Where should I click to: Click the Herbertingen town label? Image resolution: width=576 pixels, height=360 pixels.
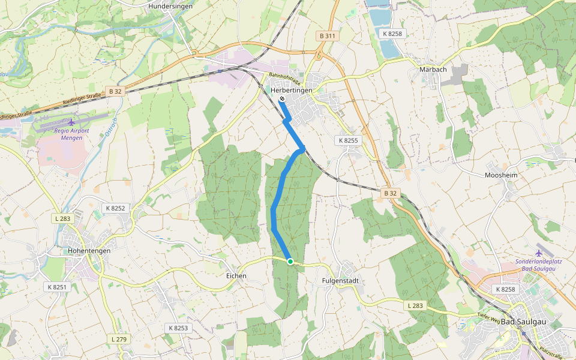tap(292, 90)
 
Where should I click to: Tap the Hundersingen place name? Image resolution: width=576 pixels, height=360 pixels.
tap(170, 7)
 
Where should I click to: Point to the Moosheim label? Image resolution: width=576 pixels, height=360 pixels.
tap(500, 175)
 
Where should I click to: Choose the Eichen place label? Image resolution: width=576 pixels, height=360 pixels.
tap(236, 275)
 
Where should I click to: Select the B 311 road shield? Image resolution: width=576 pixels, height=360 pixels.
tap(328, 36)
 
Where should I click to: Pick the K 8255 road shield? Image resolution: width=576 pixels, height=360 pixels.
tap(348, 140)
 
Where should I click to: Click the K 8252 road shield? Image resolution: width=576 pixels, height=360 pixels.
tap(115, 208)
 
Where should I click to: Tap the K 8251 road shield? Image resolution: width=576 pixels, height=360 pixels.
tap(58, 287)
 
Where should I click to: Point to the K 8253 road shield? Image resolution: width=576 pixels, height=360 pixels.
tap(178, 328)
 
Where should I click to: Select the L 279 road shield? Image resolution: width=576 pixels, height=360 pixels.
tap(119, 340)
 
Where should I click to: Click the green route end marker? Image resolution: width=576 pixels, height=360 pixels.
tap(290, 262)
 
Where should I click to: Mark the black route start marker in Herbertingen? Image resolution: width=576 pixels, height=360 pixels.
tap(281, 99)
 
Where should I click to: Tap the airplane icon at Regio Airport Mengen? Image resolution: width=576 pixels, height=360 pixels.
tap(72, 122)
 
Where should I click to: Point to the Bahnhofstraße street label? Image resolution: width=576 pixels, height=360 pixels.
tap(285, 79)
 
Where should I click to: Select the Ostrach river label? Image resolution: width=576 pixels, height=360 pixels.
tap(112, 124)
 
